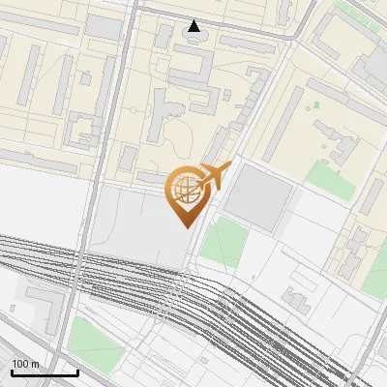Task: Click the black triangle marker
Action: (x=194, y=26)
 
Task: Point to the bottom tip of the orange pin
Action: (x=185, y=226)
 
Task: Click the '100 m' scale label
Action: (x=25, y=364)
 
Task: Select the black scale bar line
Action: (x=45, y=372)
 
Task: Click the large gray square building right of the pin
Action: (x=258, y=196)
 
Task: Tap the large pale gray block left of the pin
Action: (x=135, y=227)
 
